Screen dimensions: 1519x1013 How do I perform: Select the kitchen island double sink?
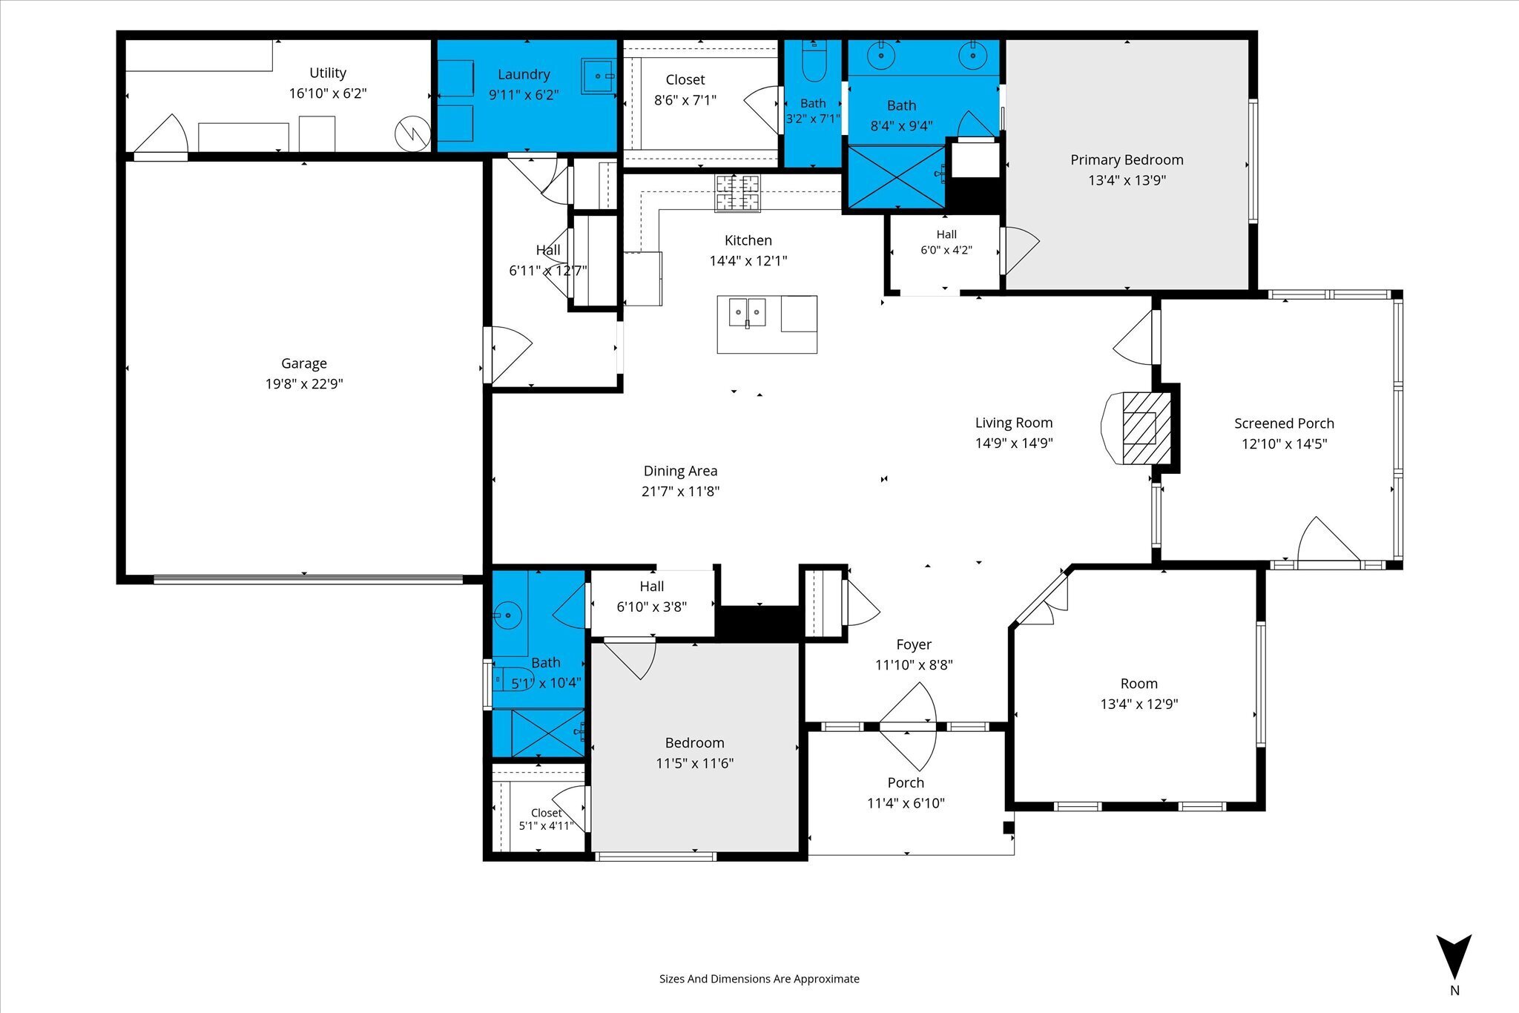click(748, 312)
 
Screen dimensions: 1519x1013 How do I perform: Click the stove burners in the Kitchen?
click(737, 193)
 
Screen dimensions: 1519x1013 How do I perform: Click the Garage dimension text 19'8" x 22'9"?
click(304, 383)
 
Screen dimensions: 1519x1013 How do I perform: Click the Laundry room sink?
click(599, 76)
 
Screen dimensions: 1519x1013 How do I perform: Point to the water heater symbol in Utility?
click(412, 133)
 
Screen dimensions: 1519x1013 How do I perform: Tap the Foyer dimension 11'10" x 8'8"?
click(914, 665)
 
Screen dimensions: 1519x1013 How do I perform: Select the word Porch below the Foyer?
click(906, 782)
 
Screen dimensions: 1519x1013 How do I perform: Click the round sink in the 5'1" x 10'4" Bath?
click(508, 616)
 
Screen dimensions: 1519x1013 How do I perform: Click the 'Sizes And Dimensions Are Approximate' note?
click(759, 979)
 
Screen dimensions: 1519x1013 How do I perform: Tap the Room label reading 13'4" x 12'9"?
click(1139, 704)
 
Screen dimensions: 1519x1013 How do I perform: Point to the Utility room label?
click(328, 73)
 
